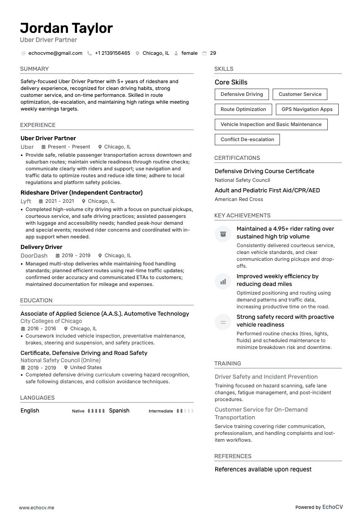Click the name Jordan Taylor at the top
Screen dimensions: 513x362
click(x=67, y=28)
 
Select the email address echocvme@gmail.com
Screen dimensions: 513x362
click(x=55, y=53)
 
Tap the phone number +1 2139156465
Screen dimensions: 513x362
click(x=112, y=53)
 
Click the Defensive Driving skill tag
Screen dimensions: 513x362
click(x=242, y=95)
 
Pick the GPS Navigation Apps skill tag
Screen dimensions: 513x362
click(x=307, y=110)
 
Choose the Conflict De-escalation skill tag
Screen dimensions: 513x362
click(x=247, y=140)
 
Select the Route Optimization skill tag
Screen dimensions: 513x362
click(x=243, y=110)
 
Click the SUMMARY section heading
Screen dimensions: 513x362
click(x=34, y=69)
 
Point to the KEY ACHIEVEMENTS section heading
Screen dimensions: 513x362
click(x=242, y=216)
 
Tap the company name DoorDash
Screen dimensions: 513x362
click(x=34, y=256)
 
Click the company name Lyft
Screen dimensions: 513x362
click(x=26, y=201)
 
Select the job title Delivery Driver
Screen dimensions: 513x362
click(x=41, y=247)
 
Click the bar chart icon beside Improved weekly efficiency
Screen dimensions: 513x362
click(x=223, y=282)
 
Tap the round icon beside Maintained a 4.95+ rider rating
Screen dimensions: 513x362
click(x=223, y=234)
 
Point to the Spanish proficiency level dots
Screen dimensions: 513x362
click(x=185, y=411)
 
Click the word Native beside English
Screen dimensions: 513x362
click(x=78, y=411)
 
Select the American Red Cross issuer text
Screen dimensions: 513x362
click(x=238, y=200)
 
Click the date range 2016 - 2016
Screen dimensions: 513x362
click(x=41, y=329)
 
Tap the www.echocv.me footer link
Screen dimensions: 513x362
click(x=36, y=508)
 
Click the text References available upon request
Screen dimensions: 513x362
click(x=263, y=470)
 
